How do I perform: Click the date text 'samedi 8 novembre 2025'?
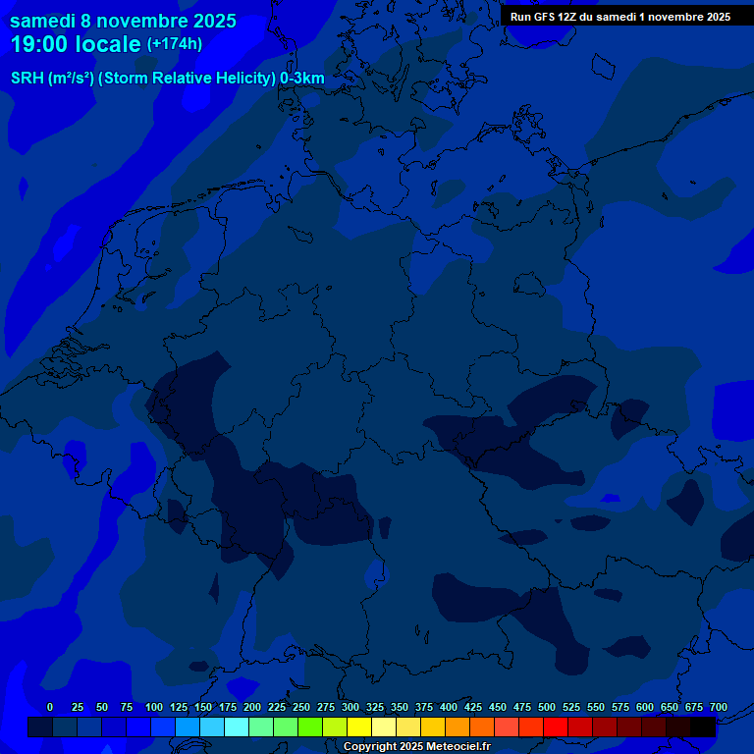[x=123, y=21]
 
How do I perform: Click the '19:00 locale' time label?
[x=76, y=44]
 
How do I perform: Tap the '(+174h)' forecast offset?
[x=175, y=44]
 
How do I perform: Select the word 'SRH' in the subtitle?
[x=27, y=78]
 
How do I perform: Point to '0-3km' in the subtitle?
[x=302, y=78]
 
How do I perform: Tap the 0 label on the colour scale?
[x=50, y=707]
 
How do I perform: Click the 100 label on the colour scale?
[x=154, y=707]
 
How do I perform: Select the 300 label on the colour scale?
[x=350, y=707]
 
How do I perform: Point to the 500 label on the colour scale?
[x=547, y=707]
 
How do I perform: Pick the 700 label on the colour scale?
[x=719, y=707]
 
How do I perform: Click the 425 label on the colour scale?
[x=473, y=707]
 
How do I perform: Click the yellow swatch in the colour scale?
[x=359, y=727]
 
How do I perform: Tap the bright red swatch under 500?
[x=556, y=727]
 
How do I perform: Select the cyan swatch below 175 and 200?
[x=237, y=727]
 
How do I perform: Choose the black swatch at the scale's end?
[x=703, y=727]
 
